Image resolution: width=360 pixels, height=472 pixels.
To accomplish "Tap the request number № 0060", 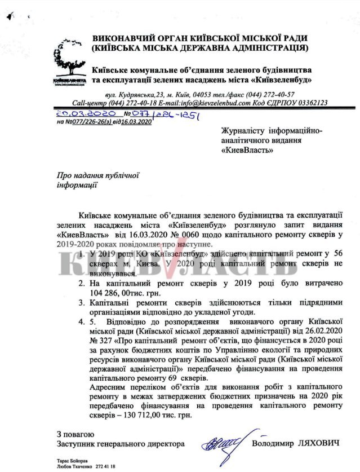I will pyautogui.click(x=209, y=233).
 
